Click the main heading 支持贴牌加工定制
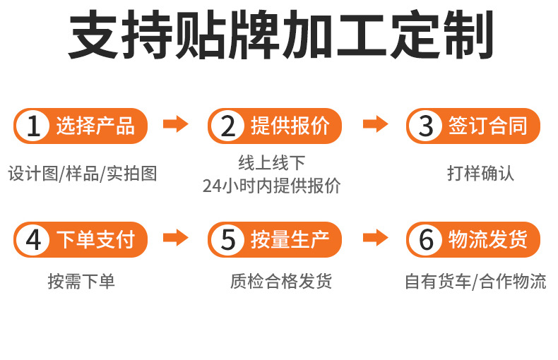pos(280,37)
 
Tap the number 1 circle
pos(32,126)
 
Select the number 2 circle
pos(227,126)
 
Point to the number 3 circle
pos(426,126)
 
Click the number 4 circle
pos(32,240)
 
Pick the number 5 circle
pos(227,240)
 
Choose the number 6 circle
pos(426,240)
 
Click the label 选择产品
pos(95,126)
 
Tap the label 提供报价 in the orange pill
pos(290,126)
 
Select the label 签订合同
pos(488,126)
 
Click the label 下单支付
pos(95,240)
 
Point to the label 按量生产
pos(290,240)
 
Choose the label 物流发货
pos(488,240)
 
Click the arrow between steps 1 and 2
pos(176,125)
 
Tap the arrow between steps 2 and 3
pos(376,125)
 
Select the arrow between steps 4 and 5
pos(176,238)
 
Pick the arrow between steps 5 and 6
pos(376,238)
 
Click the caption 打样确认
pos(480,173)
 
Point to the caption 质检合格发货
pos(281,282)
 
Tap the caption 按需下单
pos(81,282)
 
